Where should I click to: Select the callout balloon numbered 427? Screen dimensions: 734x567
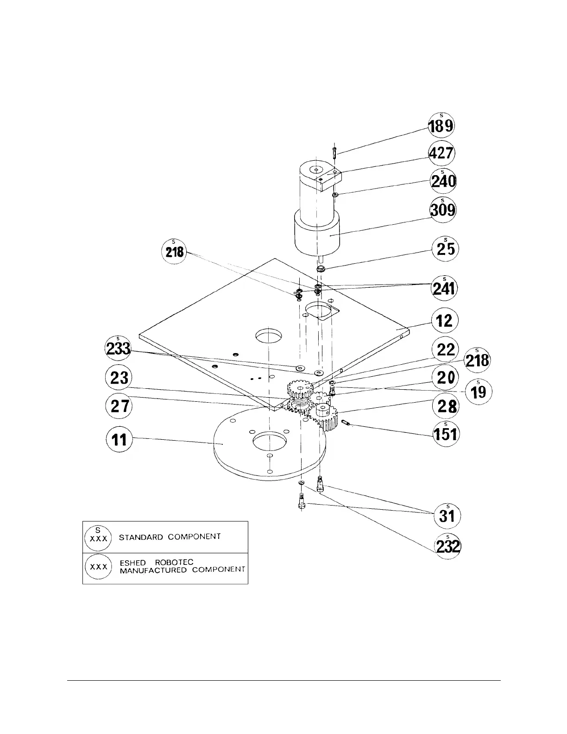pos(441,153)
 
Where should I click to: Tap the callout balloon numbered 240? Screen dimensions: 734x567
pos(443,182)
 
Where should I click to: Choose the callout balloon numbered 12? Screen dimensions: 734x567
pos(445,321)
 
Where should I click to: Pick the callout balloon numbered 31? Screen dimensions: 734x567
pos(447,515)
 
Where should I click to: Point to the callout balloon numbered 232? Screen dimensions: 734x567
pos(447,547)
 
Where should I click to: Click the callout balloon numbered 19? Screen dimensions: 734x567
pos(479,392)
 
